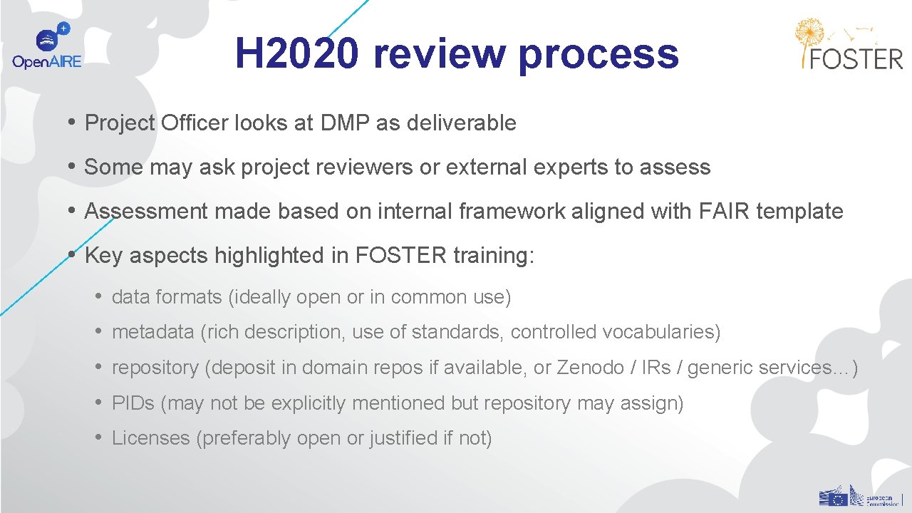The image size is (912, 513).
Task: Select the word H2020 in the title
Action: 297,53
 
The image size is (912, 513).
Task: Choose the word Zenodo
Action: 589,368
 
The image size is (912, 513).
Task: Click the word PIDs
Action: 133,403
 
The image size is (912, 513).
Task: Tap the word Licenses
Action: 150,438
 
